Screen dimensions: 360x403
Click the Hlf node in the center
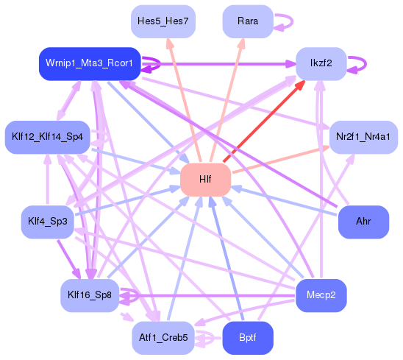click(206, 180)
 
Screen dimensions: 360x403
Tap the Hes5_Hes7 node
click(163, 21)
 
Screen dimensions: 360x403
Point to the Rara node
click(248, 21)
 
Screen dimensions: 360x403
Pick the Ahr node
click(363, 222)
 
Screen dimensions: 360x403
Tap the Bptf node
click(248, 339)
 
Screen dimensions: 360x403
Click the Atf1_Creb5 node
click(163, 339)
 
